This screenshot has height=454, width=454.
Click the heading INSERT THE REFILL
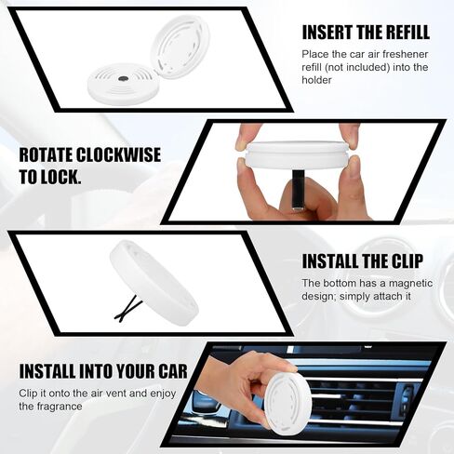click(366, 32)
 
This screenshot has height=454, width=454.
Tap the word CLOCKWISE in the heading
click(118, 154)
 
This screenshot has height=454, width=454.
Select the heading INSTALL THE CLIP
click(363, 261)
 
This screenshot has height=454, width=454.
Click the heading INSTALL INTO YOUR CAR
click(103, 371)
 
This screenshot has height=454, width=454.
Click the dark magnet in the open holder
click(123, 79)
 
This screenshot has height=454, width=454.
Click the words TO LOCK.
click(50, 177)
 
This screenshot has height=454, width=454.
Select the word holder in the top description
click(316, 80)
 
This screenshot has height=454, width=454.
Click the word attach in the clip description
click(388, 296)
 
